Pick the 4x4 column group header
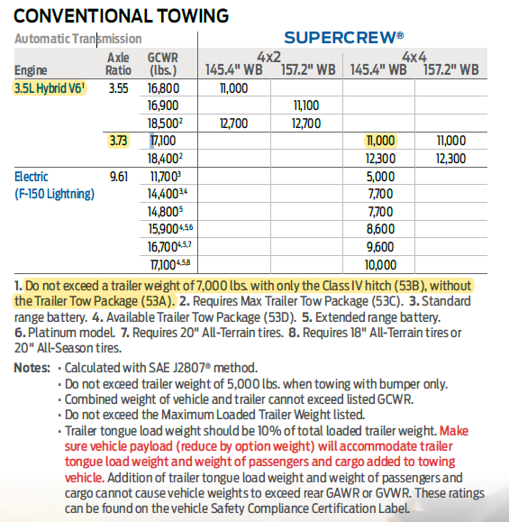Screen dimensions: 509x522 coord(414,56)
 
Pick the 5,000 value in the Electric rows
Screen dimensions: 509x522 coord(382,176)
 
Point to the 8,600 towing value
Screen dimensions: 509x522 coord(382,228)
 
